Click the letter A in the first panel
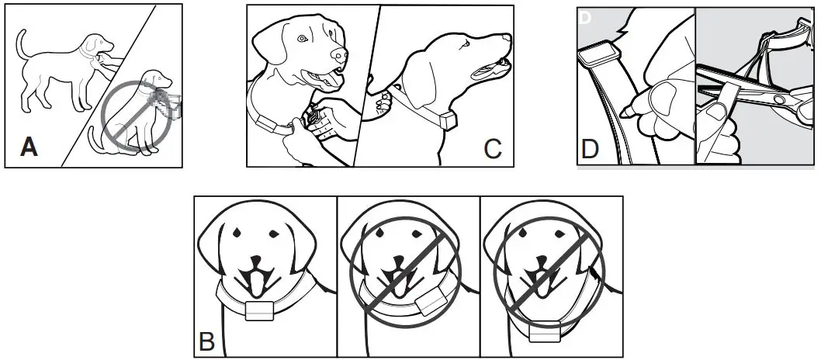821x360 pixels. pos(29,145)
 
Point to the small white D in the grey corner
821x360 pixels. pos(584,17)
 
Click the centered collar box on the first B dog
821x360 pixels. pos(260,310)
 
